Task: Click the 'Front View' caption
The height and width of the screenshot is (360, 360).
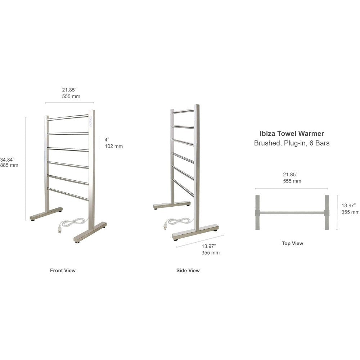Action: click(x=63, y=270)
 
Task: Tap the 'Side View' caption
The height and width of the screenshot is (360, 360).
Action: click(x=188, y=270)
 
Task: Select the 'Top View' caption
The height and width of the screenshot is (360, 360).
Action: click(x=292, y=243)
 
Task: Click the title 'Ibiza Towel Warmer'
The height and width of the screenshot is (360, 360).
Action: click(x=292, y=134)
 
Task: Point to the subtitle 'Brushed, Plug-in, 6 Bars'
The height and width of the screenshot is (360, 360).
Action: click(x=292, y=143)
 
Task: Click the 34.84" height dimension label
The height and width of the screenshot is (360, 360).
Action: click(x=9, y=162)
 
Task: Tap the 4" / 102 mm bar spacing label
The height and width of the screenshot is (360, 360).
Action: click(x=114, y=143)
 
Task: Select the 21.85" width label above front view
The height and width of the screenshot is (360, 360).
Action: click(x=71, y=93)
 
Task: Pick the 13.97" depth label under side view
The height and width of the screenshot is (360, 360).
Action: click(x=211, y=249)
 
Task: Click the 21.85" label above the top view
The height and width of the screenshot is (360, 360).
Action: click(x=292, y=178)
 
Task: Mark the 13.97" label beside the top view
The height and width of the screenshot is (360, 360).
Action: click(x=350, y=209)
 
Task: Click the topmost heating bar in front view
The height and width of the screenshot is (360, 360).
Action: click(x=68, y=118)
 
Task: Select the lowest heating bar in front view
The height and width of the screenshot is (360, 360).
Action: click(x=68, y=194)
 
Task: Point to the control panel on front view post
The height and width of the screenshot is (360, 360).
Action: click(x=91, y=122)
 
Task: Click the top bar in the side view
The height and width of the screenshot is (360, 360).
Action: click(x=183, y=112)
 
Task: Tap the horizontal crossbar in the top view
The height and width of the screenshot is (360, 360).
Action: click(x=292, y=213)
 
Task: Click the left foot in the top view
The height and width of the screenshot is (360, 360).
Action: click(x=257, y=212)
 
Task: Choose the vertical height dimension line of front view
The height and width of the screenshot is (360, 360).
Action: click(x=26, y=169)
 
